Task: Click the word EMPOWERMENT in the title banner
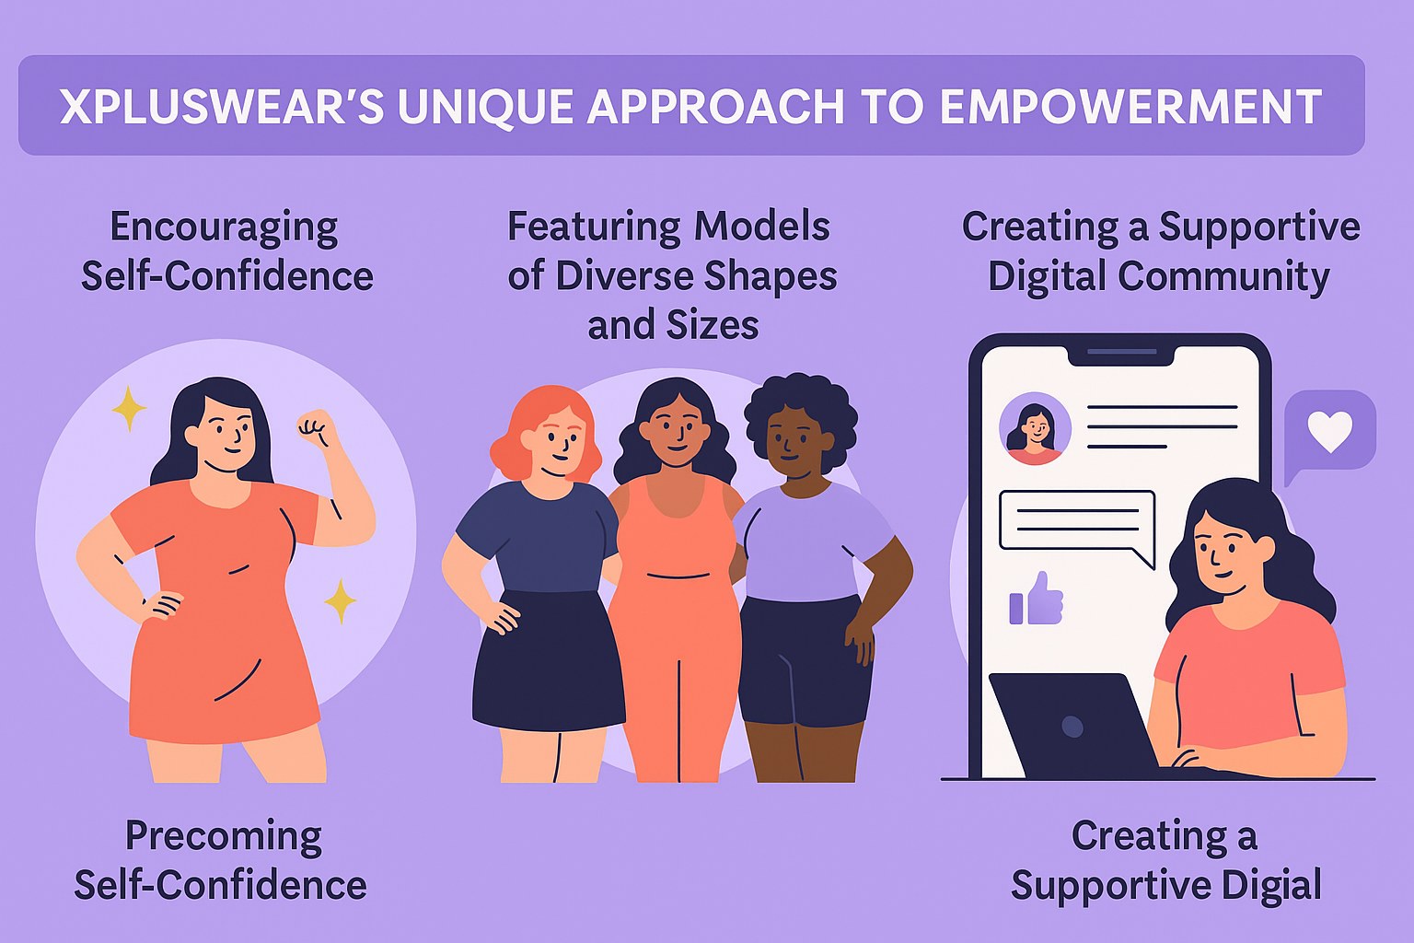[x=1130, y=106]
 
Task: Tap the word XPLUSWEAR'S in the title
[x=222, y=106]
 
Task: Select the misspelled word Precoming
[x=224, y=837]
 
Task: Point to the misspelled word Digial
[x=1271, y=885]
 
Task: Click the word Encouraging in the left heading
[x=224, y=228]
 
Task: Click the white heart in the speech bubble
[x=1329, y=431]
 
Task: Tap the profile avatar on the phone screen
[x=1035, y=428]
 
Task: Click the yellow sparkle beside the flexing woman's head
[x=129, y=408]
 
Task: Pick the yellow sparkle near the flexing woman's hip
[x=341, y=600]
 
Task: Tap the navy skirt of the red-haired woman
[x=548, y=660]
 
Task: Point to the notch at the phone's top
[x=1121, y=355]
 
